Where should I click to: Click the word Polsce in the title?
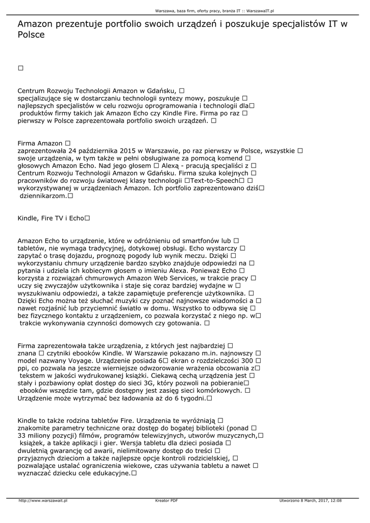point(31,35)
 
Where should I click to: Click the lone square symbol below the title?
point(21,68)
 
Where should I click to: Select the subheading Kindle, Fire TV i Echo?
point(51,218)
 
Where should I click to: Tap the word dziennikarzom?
point(43,196)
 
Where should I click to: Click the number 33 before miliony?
point(22,436)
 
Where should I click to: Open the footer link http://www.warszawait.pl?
point(43,501)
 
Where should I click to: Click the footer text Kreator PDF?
point(166,501)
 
